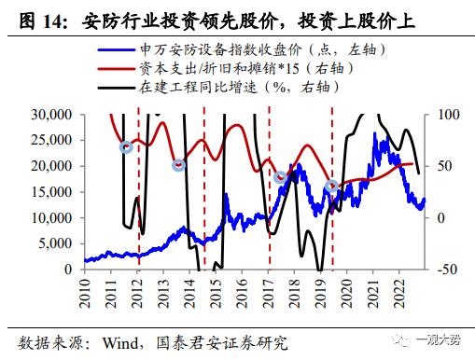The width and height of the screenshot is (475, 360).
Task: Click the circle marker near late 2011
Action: (127, 147)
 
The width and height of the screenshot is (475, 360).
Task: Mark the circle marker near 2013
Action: (178, 165)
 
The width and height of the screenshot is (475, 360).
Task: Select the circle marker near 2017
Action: (280, 177)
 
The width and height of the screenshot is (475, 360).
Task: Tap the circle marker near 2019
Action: (330, 187)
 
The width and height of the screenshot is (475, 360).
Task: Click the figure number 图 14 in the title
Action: (34, 17)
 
